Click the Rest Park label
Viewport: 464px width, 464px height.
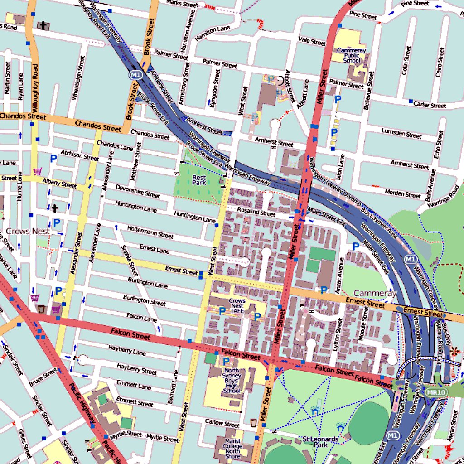click(199, 180)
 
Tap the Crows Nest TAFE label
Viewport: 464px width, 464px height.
click(237, 306)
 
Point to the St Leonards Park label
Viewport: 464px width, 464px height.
click(320, 442)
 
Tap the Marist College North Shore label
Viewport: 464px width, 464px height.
click(232, 450)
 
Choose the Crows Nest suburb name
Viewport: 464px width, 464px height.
click(28, 231)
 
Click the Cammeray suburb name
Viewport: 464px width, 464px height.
click(375, 293)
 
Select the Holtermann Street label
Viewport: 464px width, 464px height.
click(150, 232)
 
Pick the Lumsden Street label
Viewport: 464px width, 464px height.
click(401, 134)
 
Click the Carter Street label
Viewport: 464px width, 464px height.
click(429, 105)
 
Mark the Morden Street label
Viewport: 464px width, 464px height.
click(402, 194)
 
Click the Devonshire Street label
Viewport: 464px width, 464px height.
click(137, 191)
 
